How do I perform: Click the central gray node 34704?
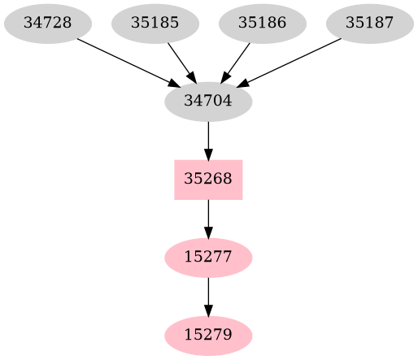click(208, 102)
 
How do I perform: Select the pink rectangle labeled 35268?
click(208, 180)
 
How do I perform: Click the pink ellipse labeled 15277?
click(208, 258)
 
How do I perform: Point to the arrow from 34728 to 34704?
click(127, 62)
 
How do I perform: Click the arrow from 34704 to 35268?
click(208, 140)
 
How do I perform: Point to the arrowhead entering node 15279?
click(208, 310)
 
